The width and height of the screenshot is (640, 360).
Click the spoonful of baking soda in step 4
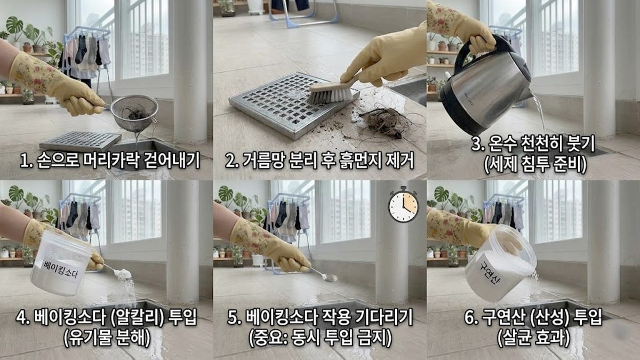123,274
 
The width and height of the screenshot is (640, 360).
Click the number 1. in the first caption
26,160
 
